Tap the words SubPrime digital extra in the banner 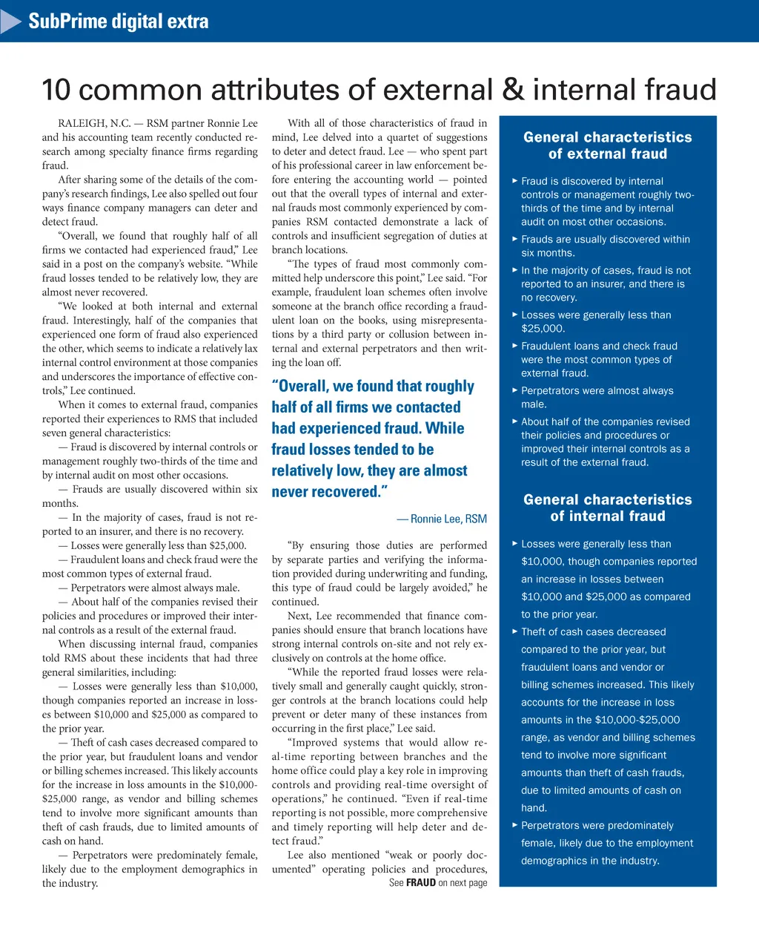pos(119,21)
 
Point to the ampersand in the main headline pos(512,90)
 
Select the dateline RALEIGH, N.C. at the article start pos(95,123)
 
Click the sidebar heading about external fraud pos(608,145)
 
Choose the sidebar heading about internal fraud pos(608,508)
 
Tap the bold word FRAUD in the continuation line pos(421,883)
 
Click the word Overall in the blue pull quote pos(305,386)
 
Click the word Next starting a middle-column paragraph pos(299,616)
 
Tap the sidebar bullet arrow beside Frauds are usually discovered pos(515,239)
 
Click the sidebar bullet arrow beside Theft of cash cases pos(515,631)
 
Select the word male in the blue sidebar pos(534,404)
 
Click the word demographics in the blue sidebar pos(557,861)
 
